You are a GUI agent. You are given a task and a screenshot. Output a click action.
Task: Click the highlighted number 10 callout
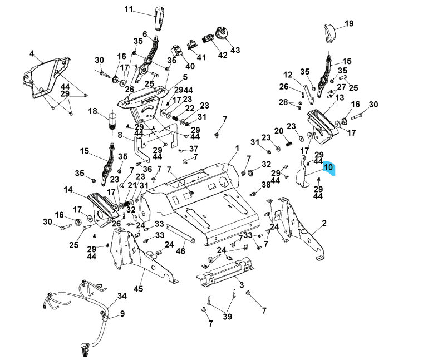coord(328,167)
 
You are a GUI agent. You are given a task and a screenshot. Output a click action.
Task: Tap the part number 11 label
coord(129,9)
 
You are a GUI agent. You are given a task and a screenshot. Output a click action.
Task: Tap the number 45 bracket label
coord(139,289)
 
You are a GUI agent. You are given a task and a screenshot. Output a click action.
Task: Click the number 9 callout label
coord(122,314)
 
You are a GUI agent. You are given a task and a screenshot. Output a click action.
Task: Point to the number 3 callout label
coord(241,285)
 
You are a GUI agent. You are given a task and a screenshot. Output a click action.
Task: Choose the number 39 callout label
coord(227,317)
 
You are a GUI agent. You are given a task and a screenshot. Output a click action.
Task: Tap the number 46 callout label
coord(180,251)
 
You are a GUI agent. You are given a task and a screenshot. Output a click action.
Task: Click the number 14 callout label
coord(68,190)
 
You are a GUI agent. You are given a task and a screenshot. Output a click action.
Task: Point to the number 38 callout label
coord(266,184)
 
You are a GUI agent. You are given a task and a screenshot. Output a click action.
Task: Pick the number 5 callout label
coord(169,77)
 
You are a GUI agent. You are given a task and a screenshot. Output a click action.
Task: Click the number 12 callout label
coord(288,75)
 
